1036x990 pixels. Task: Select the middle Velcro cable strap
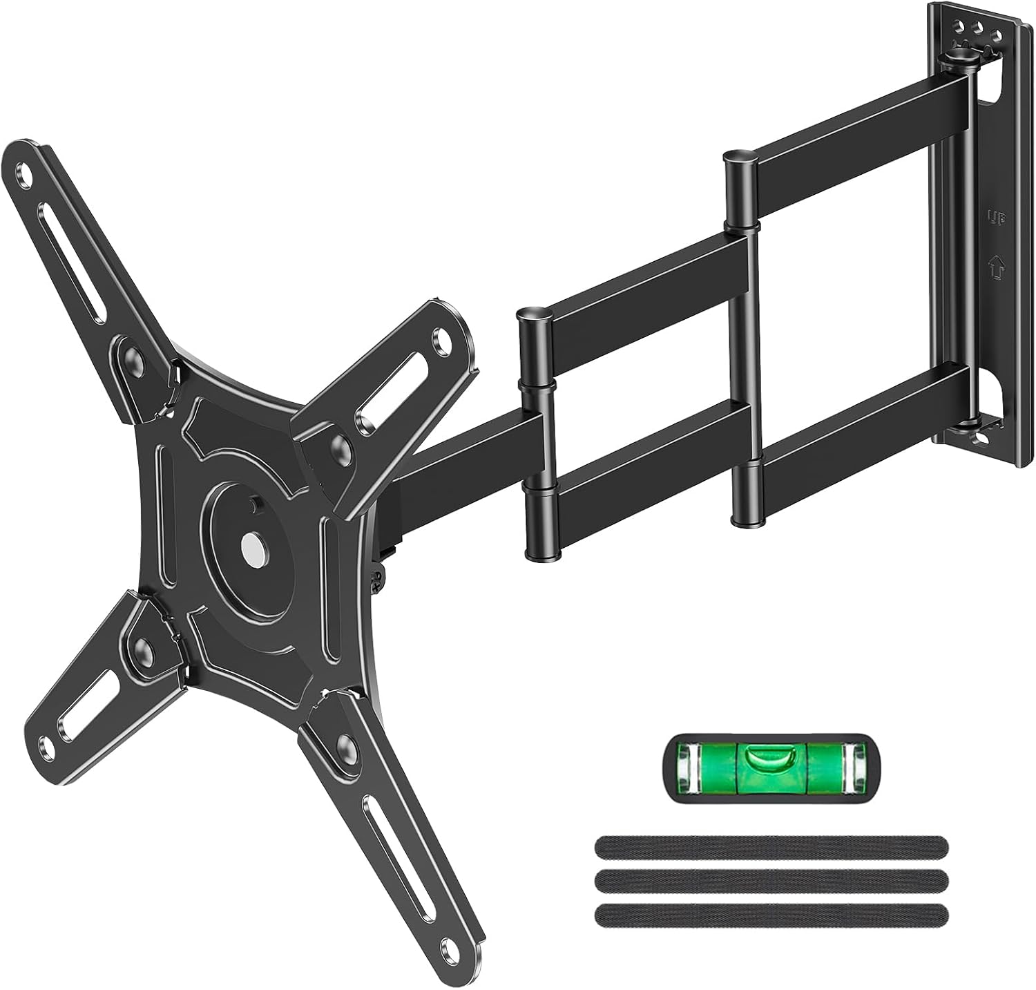point(770,878)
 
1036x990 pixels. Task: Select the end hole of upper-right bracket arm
point(439,339)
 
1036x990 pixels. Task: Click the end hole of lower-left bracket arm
point(46,746)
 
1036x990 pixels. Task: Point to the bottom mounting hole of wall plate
point(977,436)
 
